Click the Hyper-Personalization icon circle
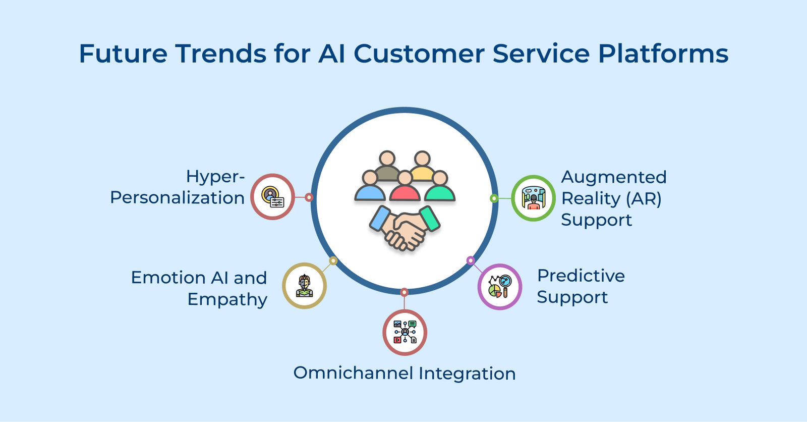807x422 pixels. pos(272,197)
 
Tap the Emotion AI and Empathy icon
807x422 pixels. pos(304,286)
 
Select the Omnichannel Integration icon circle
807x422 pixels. pos(405,333)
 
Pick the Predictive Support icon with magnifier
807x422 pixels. pos(500,287)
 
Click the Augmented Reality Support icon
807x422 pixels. pos(533,198)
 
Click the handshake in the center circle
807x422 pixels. pos(405,228)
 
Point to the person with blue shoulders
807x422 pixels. pos(370,186)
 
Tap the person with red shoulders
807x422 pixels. pos(405,186)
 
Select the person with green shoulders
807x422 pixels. pos(440,186)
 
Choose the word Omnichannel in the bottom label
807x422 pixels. pos(353,373)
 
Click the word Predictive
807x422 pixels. pos(581,276)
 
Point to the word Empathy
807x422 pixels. pos(227,299)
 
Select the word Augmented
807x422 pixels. pos(613,177)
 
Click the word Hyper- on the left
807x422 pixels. pos(215,176)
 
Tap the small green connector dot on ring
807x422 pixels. pos(494,198)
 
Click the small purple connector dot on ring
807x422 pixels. pos(471,260)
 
